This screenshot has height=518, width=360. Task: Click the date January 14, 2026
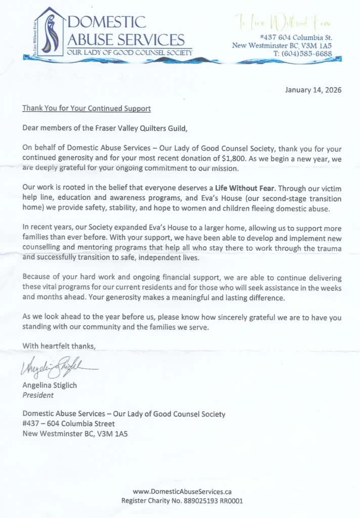tap(313, 90)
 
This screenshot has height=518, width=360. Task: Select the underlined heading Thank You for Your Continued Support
tap(86, 108)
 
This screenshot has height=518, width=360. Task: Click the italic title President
tap(38, 395)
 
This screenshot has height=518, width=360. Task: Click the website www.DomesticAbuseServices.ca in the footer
tap(182, 491)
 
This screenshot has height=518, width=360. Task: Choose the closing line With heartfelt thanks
tap(59, 346)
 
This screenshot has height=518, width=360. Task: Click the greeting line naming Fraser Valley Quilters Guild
tap(105, 128)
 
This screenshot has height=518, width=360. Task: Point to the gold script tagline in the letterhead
tap(282, 22)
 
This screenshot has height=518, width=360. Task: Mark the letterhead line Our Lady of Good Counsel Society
tap(130, 53)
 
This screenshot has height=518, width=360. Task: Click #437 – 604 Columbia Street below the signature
tap(69, 423)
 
